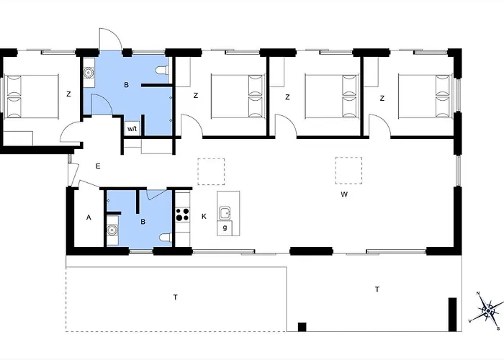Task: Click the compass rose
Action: (488, 310)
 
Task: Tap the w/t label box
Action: (132, 129)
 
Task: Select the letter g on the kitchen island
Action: (225, 228)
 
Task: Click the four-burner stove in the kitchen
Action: (183, 215)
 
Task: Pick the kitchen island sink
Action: (225, 213)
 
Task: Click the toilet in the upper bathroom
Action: (162, 70)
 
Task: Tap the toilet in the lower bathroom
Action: (166, 238)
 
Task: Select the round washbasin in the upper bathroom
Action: (88, 73)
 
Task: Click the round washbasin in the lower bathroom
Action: (112, 230)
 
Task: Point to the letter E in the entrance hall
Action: (98, 166)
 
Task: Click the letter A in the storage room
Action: (89, 217)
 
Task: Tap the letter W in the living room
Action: (344, 194)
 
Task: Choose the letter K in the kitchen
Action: (204, 216)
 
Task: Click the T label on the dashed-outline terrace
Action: (176, 297)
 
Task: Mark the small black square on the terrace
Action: (302, 327)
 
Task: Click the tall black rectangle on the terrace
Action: (453, 315)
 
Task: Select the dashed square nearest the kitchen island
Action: (211, 171)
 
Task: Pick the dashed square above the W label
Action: (348, 171)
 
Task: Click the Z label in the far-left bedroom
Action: (68, 94)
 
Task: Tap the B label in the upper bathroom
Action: (126, 85)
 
